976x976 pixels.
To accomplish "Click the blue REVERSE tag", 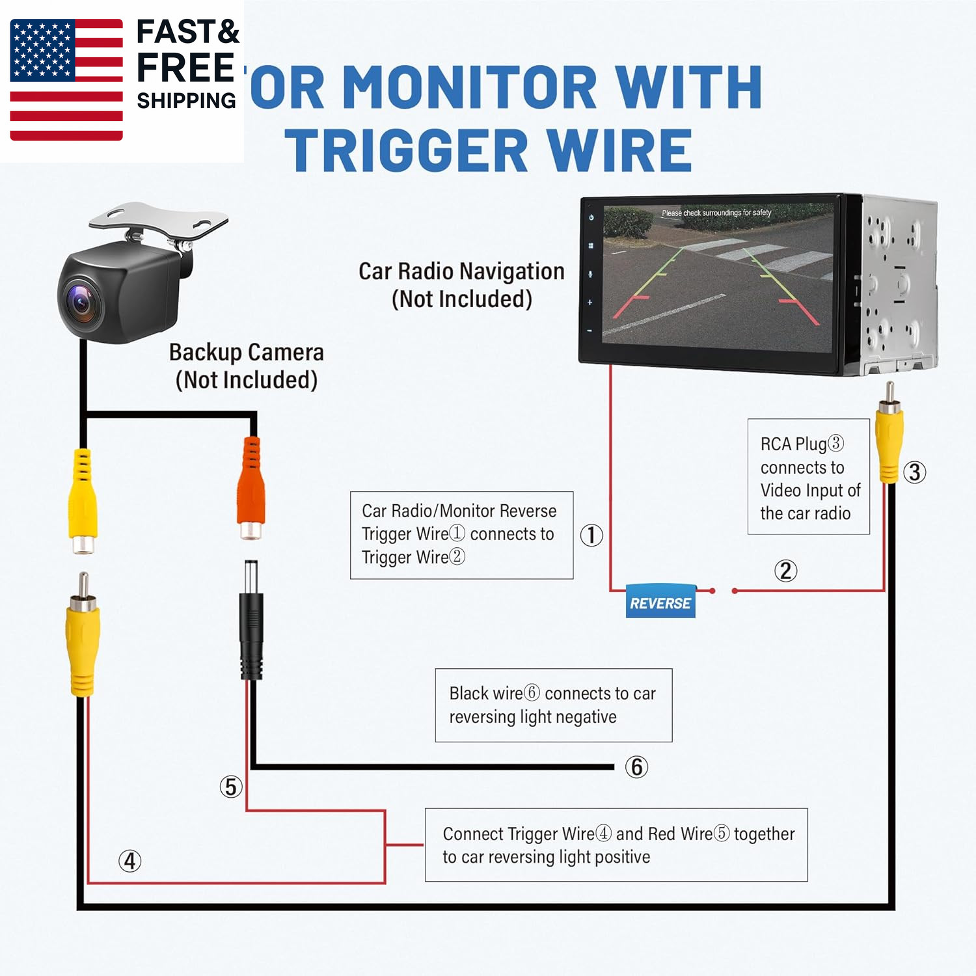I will point(660,602).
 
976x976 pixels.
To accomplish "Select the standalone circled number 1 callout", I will point(591,535).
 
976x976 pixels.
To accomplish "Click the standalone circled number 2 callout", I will point(785,571).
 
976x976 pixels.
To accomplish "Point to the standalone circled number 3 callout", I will point(914,472).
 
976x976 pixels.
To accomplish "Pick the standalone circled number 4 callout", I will point(130,861).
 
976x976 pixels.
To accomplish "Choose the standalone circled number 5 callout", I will point(231,787).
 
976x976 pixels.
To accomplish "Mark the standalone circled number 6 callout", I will point(636,766).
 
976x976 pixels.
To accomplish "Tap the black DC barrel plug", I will point(251,625).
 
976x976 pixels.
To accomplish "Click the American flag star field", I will point(42,49).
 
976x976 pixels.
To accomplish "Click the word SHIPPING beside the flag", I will point(186,101).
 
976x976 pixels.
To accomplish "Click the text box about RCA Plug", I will point(808,477).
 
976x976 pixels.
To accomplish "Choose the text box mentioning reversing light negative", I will point(553,705).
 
